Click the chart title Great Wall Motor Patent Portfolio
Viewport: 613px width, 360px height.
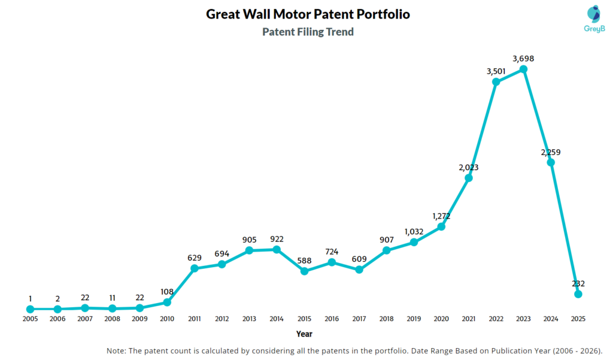[x=308, y=14]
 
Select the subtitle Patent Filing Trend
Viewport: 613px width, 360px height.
[x=308, y=32]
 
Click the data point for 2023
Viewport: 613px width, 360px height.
[x=523, y=69]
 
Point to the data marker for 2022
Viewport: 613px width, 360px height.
[x=496, y=81]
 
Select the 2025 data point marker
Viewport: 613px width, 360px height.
[x=578, y=294]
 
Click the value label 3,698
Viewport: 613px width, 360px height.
[x=523, y=58]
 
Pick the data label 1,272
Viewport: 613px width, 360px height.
[x=441, y=216]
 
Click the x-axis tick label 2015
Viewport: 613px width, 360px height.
[x=304, y=319]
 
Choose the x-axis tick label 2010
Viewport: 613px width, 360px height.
[x=167, y=319]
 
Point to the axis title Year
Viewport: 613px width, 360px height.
[x=304, y=334]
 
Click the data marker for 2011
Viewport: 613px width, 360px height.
[x=195, y=268]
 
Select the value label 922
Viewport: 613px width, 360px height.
[x=277, y=238]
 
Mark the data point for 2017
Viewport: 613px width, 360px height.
[x=359, y=270]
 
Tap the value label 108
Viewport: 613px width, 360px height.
[x=167, y=291]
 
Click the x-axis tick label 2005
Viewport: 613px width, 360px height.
[x=30, y=319]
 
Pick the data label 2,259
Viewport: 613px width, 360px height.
[x=551, y=152]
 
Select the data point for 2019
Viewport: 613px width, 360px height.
[x=414, y=242]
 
